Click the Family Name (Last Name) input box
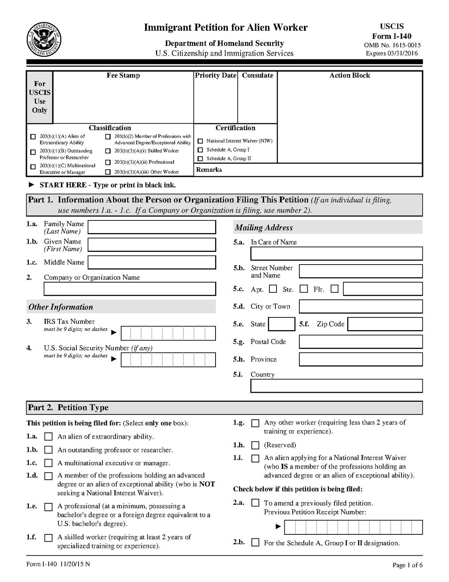[152, 227]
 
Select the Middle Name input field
[152, 262]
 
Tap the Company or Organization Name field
[129, 289]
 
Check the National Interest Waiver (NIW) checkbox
[200, 141]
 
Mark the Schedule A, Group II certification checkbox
[200, 159]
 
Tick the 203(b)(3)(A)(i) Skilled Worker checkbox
[108, 151]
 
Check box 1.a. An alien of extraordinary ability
[48, 437]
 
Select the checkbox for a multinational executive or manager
[48, 463]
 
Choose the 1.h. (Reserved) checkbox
[255, 445]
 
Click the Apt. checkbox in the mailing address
[273, 289]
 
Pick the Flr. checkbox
[335, 289]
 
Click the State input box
[282, 324]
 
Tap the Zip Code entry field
[385, 324]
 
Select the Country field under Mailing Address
[336, 386]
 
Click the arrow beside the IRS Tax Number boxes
[114, 332]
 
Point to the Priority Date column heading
[216, 75]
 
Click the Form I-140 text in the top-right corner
[392, 36]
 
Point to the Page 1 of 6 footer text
[407, 565]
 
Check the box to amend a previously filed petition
[255, 503]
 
